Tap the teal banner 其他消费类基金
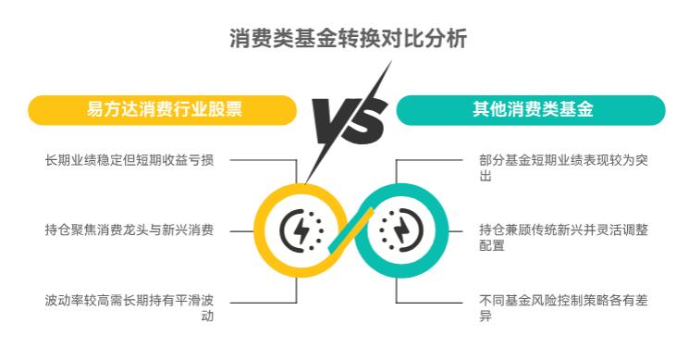pos(532,109)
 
